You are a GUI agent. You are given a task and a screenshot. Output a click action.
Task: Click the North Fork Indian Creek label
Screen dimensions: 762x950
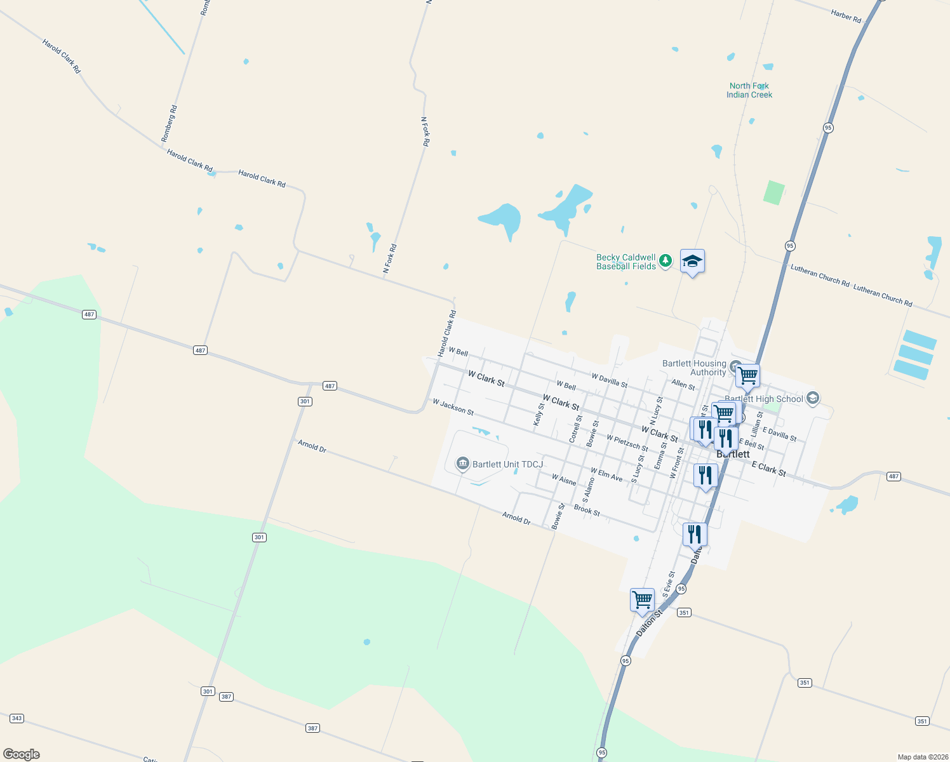[x=749, y=90]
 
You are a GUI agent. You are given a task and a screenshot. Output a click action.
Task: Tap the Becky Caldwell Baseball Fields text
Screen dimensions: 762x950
[x=626, y=262]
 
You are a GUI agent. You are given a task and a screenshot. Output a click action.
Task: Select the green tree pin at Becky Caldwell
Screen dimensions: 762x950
[x=665, y=260]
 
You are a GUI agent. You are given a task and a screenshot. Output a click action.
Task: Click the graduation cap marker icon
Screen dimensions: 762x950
[x=692, y=262]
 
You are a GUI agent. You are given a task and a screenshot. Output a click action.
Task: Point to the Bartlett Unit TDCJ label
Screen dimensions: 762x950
[x=507, y=464]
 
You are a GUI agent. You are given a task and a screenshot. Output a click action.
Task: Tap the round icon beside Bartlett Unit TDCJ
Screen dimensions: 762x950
[x=462, y=464]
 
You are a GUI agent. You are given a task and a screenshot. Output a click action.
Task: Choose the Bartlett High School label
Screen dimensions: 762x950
[x=764, y=399]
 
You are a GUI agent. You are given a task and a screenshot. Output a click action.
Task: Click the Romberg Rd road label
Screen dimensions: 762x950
[x=169, y=123]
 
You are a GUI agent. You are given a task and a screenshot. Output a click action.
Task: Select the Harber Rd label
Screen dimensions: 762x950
[x=846, y=16]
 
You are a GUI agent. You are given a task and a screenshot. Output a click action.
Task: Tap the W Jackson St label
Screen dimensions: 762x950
[x=453, y=407]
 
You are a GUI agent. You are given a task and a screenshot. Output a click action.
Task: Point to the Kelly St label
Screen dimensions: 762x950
[x=539, y=414]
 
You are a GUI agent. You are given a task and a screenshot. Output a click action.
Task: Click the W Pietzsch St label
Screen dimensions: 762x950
[x=627, y=443]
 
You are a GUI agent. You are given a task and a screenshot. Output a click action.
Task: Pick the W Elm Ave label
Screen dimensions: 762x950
[x=606, y=474]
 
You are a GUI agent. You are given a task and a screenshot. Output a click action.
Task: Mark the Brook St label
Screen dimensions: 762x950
[x=587, y=510]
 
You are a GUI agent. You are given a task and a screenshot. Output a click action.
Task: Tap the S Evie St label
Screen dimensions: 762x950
[x=669, y=584]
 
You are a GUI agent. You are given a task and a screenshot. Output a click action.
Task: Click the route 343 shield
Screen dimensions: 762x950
[x=17, y=718]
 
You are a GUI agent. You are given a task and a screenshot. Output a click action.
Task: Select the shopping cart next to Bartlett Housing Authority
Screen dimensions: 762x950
[x=747, y=375]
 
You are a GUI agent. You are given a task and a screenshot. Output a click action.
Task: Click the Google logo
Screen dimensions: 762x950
[x=22, y=754]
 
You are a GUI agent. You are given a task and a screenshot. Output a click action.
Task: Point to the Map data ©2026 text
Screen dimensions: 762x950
[x=922, y=757]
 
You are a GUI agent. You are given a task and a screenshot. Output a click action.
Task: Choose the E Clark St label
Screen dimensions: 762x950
[x=768, y=469]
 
